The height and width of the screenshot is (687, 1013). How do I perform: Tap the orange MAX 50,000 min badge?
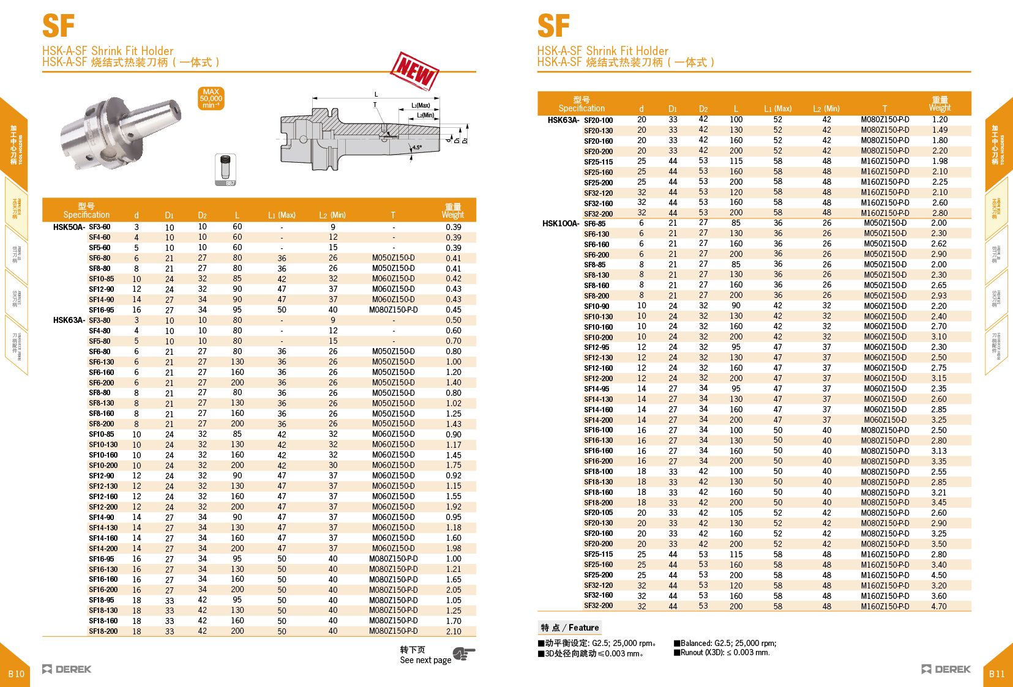(211, 98)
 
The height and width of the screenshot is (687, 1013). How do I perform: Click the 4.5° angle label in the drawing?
(417, 147)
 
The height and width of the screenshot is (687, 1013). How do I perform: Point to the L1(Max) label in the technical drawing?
(421, 105)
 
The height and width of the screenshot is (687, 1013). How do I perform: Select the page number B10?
(16, 674)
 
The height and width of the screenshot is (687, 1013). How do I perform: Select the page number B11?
(996, 674)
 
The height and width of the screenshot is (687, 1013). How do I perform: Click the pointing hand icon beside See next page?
(464, 654)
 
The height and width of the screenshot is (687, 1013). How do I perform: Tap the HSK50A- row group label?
(69, 227)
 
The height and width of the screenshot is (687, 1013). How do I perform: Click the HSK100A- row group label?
(560, 223)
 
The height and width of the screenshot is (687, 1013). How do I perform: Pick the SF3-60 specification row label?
(100, 227)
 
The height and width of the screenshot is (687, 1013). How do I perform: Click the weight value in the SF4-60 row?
(454, 237)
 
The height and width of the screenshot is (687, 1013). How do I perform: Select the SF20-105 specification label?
(598, 513)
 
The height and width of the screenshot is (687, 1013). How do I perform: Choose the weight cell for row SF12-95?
(939, 347)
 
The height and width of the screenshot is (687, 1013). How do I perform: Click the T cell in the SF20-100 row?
(885, 120)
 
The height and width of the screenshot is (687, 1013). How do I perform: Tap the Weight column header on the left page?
(453, 211)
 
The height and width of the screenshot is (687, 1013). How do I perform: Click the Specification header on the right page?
(581, 104)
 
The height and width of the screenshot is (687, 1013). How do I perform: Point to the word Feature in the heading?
(584, 628)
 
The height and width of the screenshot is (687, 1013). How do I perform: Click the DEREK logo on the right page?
(946, 669)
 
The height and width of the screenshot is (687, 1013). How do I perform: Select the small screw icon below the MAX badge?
(226, 169)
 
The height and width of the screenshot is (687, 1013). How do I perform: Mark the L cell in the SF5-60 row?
(237, 248)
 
